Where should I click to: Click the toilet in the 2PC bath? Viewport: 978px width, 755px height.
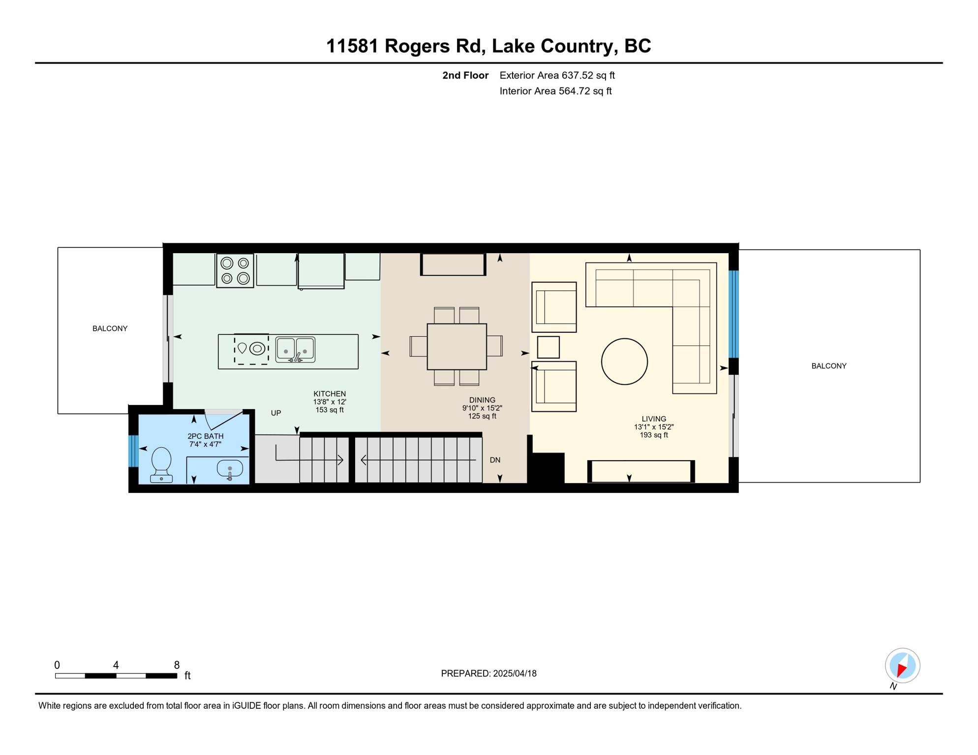pos(161,465)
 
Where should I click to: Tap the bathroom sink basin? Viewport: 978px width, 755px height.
pos(230,469)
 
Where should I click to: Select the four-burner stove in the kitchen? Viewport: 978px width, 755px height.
pos(235,271)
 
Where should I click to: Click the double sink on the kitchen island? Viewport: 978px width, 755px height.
pos(295,349)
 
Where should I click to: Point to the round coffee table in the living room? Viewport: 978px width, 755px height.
pos(624,362)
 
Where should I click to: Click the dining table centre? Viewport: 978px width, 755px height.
pos(457,347)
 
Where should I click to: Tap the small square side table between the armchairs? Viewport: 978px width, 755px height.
pos(549,347)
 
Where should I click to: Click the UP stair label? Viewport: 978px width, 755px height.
pos(276,413)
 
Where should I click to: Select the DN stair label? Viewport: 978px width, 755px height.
pos(495,460)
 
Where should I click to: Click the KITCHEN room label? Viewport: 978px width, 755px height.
pos(330,394)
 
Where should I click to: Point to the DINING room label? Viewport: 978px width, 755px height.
pos(482,400)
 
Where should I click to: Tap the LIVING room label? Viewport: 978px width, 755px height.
pos(654,419)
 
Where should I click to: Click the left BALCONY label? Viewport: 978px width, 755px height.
pos(110,328)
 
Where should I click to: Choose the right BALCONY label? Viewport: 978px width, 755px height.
pos(829,366)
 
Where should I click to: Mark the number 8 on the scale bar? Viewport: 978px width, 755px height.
pos(177,665)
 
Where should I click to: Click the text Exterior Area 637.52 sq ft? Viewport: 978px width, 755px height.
pos(557,75)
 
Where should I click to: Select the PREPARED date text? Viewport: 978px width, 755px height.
pos(489,673)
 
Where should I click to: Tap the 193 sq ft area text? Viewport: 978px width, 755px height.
pos(654,435)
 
